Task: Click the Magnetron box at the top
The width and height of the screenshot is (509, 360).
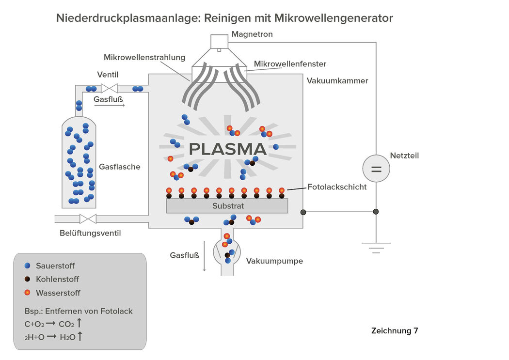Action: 220,42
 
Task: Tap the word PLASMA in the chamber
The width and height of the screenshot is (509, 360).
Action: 227,149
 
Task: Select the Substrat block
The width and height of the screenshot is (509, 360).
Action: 227,205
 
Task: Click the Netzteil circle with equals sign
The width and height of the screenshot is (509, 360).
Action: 376,168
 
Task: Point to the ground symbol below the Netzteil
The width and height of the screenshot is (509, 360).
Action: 376,248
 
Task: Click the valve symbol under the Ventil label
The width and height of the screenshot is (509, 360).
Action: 109,88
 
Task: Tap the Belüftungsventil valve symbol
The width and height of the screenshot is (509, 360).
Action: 88,219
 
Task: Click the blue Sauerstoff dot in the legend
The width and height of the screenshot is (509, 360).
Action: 27,266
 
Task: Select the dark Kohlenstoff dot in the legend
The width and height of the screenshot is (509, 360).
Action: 27,279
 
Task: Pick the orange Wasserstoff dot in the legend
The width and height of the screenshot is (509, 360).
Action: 27,293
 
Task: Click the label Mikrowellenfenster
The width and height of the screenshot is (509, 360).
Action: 290,64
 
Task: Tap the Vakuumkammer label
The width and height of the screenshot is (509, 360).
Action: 337,81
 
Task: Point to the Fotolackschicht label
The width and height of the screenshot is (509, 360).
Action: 337,187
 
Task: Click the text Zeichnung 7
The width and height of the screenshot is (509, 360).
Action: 395,331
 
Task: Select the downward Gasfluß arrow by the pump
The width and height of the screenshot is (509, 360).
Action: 205,256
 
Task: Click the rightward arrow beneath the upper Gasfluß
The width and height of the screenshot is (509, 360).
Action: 110,105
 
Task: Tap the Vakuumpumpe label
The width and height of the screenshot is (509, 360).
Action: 274,261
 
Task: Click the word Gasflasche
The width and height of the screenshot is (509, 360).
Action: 119,167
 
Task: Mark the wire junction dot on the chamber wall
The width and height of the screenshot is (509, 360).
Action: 303,212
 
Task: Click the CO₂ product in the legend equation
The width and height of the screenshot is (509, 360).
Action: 66,324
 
